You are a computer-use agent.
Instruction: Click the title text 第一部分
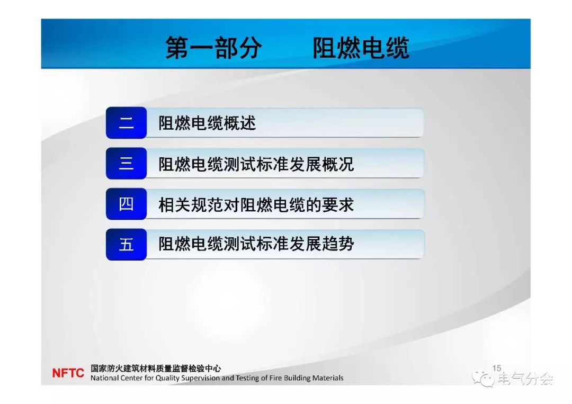pos(214,48)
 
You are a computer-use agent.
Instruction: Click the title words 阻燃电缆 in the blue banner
pos(361,48)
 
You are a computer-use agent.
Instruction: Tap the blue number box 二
pos(126,123)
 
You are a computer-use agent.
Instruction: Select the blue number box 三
pos(126,164)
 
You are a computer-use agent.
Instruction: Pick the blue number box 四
pos(126,204)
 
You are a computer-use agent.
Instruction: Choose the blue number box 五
pos(126,244)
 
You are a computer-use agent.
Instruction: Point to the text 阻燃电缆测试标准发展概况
pos(256,164)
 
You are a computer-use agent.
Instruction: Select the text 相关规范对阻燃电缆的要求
pos(256,204)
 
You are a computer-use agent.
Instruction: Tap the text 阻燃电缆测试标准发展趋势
pos(256,244)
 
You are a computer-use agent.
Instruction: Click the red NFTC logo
pos(68,373)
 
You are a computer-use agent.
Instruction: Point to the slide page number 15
pos(497,369)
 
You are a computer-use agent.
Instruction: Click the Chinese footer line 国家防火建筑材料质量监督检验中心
pos(156,369)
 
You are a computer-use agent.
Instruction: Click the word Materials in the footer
pos(328,378)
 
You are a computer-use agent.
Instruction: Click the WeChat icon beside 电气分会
pos(484,379)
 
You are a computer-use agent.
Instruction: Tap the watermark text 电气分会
pos(525,379)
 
